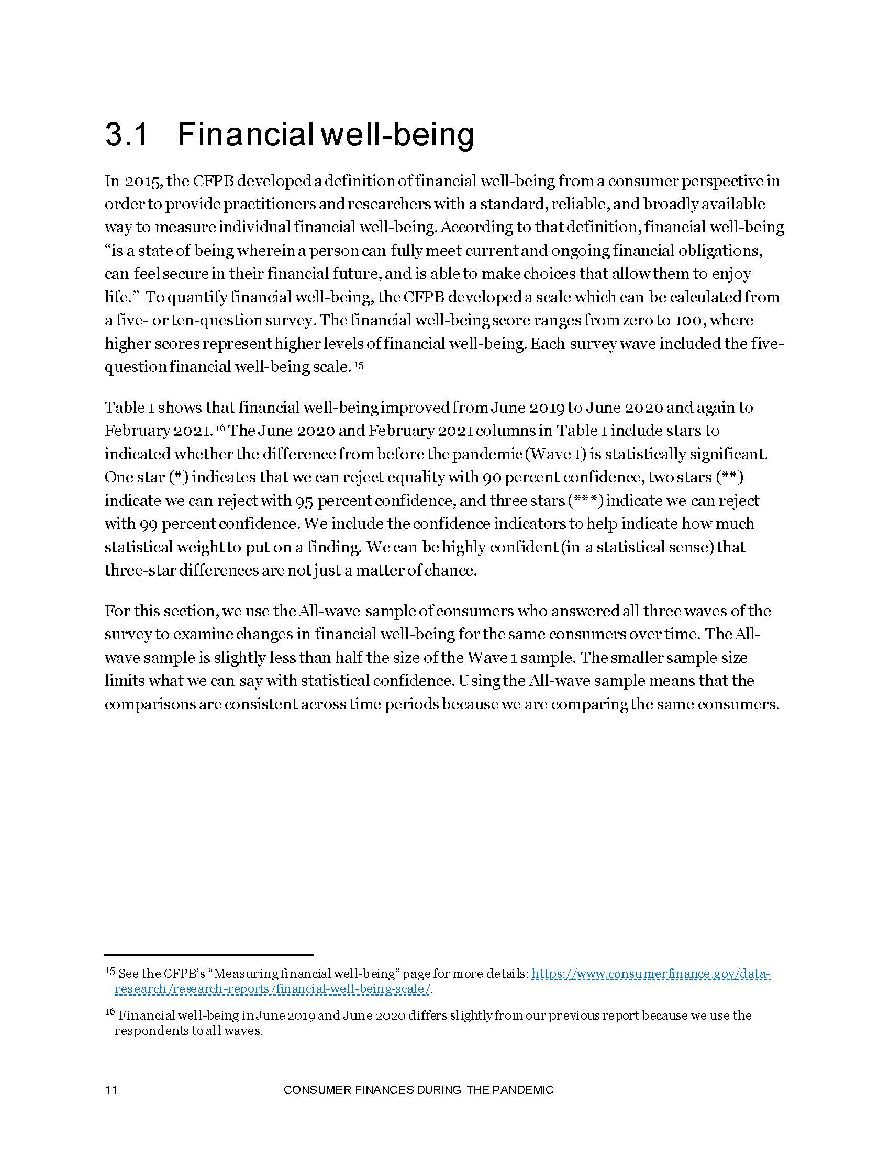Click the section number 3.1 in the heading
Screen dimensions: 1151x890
[x=128, y=135]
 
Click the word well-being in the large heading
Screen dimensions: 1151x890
[x=398, y=135]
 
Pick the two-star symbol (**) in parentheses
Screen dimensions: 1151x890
[x=730, y=478]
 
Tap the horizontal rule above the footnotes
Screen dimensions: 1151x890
[x=209, y=954]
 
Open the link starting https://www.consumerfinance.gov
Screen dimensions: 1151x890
[x=651, y=974]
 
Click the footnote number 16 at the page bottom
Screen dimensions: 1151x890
[x=110, y=1012]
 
